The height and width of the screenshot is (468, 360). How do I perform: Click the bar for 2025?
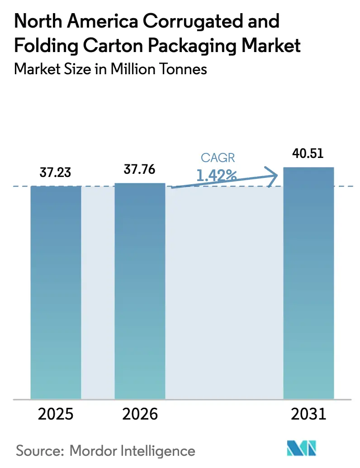pos(56,292)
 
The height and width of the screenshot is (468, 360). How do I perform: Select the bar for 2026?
pos(140,291)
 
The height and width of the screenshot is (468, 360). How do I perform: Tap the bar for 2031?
pos(308,283)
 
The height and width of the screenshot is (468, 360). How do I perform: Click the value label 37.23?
pos(55,173)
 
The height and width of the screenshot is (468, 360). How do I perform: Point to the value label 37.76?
pos(139,170)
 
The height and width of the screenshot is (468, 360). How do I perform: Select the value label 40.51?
pos(308,153)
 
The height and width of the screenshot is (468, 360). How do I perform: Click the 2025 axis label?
pos(56,414)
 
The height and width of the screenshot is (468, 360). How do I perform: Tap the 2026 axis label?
pos(139,414)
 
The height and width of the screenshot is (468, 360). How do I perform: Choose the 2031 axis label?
pos(308,414)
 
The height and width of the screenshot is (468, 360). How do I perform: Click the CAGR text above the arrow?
pos(218,158)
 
